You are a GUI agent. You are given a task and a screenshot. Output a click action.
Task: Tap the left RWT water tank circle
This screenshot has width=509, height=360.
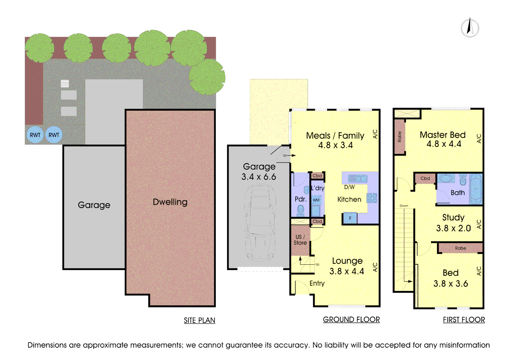(x=35, y=135)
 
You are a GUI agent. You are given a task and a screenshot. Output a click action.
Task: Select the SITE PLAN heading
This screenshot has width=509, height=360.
(x=200, y=320)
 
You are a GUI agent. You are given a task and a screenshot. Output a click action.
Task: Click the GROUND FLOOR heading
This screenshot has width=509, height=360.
(x=351, y=319)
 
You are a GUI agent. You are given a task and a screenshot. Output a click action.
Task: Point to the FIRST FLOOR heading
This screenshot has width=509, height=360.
(x=464, y=320)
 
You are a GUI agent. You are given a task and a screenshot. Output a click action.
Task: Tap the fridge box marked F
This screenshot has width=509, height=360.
(x=350, y=218)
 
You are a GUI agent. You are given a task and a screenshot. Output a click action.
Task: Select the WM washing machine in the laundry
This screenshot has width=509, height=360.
(x=316, y=200)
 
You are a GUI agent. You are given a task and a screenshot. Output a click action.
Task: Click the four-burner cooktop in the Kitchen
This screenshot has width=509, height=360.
(x=372, y=198)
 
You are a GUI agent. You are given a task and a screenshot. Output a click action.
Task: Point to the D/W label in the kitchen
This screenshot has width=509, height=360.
(x=349, y=187)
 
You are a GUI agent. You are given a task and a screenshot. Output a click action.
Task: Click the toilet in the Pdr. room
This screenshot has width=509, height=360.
(x=300, y=210)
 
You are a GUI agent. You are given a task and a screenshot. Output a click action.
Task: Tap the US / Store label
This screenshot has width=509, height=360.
(x=300, y=240)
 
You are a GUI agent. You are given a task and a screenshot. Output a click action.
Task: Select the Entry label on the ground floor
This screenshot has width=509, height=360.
(x=317, y=283)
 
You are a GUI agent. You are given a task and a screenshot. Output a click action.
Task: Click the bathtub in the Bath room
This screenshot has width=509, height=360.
(x=476, y=189)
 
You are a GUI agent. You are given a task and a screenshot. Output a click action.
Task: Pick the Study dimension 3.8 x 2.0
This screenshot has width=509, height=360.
(x=453, y=228)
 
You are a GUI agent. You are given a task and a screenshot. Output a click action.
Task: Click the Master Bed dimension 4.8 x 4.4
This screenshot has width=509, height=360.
(x=444, y=144)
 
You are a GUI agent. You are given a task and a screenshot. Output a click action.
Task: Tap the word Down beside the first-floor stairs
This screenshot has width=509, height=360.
(x=404, y=206)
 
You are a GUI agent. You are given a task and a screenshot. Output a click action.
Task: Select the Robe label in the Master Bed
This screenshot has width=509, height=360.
(x=399, y=137)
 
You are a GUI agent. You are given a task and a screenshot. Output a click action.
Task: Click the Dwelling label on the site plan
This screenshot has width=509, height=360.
(x=170, y=202)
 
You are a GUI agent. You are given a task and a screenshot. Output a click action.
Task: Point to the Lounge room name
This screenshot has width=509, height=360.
(x=347, y=261)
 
